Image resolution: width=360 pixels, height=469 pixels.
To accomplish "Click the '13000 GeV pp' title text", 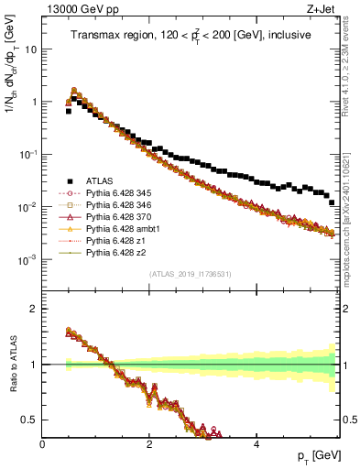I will (75, 8).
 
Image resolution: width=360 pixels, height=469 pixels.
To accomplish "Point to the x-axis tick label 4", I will (257, 445).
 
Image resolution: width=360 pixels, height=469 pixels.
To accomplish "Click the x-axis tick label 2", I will (150, 445).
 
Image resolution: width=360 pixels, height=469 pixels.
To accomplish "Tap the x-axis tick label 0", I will (43, 445).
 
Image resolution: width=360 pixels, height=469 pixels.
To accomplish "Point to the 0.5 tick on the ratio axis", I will (31, 420).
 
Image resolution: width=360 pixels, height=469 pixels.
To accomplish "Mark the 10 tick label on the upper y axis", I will (29, 49).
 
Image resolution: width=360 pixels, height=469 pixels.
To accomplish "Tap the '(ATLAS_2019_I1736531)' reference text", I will (191, 274).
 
